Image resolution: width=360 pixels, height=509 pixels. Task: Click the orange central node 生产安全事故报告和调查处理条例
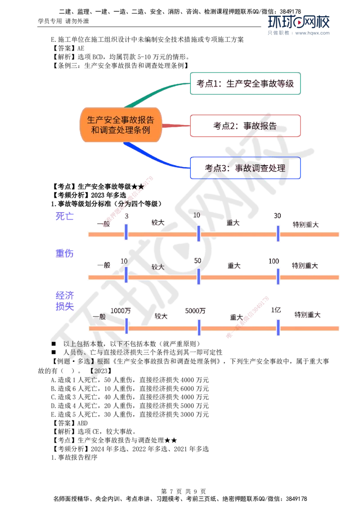(120, 125)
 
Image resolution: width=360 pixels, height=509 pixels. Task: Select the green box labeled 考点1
(245, 84)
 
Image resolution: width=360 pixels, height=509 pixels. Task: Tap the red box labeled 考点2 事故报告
(245, 126)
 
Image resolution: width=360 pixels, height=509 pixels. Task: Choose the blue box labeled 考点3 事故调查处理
(245, 168)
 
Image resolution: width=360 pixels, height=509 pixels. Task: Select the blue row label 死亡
(65, 216)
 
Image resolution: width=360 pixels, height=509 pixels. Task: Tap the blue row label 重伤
(65, 254)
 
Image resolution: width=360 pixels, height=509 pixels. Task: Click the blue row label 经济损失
(65, 301)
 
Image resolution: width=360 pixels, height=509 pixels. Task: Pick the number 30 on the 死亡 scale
(277, 216)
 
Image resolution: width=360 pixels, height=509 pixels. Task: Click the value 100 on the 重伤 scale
(275, 261)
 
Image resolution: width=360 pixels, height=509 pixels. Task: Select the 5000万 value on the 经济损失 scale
(195, 310)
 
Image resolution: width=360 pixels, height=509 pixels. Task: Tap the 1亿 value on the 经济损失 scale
(276, 310)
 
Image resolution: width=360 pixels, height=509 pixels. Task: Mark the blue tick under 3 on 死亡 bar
(126, 233)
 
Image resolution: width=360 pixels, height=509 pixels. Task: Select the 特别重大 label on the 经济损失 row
(308, 315)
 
